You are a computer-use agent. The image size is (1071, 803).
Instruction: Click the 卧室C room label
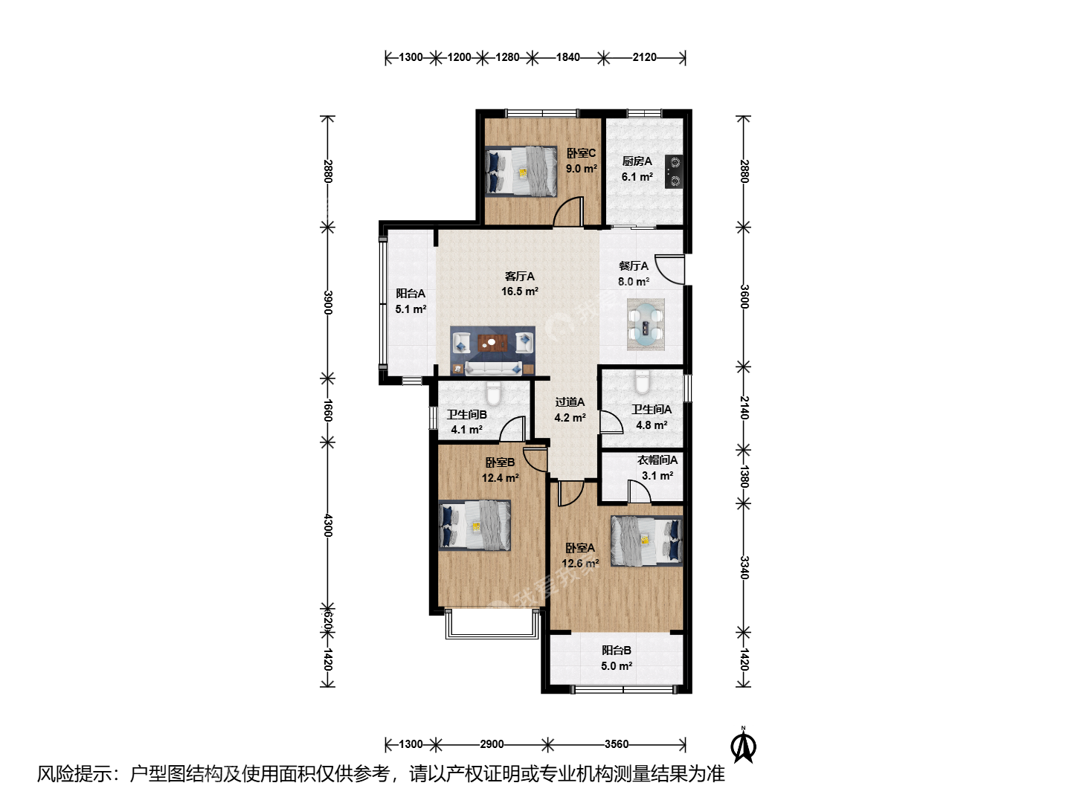point(581,153)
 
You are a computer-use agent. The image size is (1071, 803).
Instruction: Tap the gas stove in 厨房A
point(674,172)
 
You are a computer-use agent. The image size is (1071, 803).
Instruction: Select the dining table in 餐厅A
point(646,323)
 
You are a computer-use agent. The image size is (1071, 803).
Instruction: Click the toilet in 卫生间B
point(493,393)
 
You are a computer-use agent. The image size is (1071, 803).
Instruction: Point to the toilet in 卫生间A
point(642,381)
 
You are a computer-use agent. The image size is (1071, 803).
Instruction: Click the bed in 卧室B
point(475,525)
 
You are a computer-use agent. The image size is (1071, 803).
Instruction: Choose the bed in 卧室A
point(646,541)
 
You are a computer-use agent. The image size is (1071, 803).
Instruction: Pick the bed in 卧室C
point(521,171)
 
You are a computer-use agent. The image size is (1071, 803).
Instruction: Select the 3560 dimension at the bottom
point(617,744)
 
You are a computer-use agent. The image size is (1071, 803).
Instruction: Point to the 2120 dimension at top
point(644,57)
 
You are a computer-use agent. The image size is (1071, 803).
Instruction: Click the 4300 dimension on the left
point(328,525)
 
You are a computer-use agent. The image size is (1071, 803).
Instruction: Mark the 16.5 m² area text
point(520,291)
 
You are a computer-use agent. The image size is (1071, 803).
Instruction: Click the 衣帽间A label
point(657,459)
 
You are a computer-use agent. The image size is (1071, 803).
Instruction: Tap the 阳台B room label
point(617,650)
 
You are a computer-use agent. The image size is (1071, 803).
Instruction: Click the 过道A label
point(570,402)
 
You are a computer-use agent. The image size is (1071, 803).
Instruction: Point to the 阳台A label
point(411,294)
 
